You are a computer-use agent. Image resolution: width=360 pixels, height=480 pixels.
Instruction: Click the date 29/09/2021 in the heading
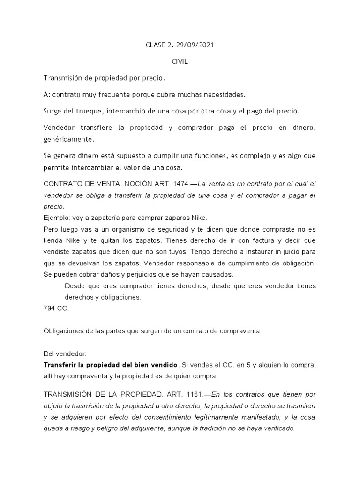[x=194, y=46]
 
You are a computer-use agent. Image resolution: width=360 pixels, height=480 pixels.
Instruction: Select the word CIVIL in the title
[x=180, y=62]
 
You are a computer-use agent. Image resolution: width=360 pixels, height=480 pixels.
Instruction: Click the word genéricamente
[x=68, y=139]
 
